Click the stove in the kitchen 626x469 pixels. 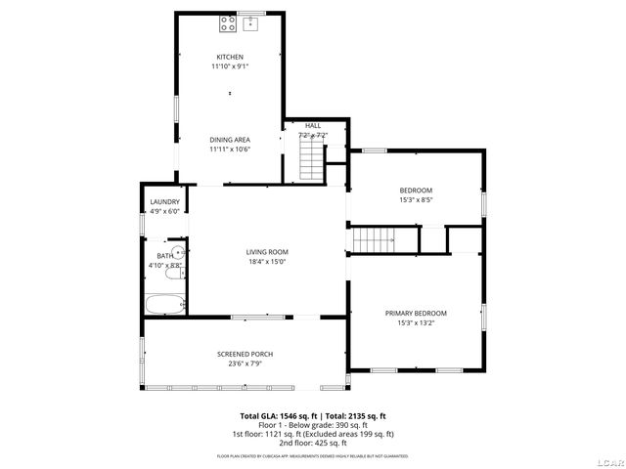(x=227, y=22)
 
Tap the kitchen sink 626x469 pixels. (x=249, y=22)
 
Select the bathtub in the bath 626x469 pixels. (x=165, y=304)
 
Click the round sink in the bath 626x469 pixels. (x=177, y=252)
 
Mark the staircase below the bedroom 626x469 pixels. (x=373, y=238)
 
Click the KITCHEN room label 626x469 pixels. (x=230, y=57)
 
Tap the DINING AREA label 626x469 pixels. (x=230, y=140)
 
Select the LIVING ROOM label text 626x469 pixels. (x=267, y=252)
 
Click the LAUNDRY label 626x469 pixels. (x=164, y=202)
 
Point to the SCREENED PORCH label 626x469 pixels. (x=245, y=354)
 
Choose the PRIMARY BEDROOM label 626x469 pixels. (x=416, y=313)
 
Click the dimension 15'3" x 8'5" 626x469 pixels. (x=416, y=199)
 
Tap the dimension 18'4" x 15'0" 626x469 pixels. (x=267, y=262)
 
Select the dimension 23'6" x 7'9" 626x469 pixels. (x=245, y=363)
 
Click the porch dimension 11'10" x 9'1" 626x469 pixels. (x=230, y=66)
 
